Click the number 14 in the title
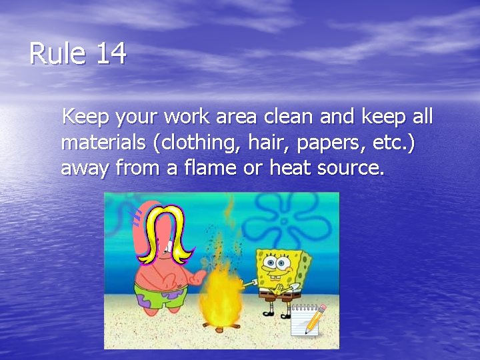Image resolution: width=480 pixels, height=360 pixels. (x=111, y=54)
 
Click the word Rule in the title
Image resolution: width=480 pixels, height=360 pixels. (x=58, y=54)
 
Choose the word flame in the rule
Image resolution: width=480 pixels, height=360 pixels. (x=207, y=168)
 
